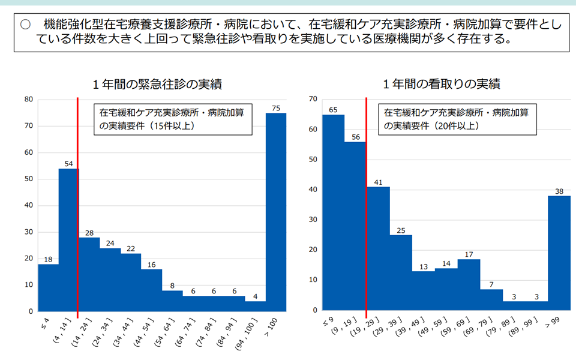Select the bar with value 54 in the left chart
68,240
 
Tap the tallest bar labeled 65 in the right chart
334,212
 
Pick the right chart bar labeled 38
559,253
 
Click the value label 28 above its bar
89,232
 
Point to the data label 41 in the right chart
378,182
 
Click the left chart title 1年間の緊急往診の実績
157,85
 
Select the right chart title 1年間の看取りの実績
442,85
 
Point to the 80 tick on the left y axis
28,100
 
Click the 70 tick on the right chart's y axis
313,99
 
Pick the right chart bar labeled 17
469,284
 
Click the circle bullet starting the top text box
25,25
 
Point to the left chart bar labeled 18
48,288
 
